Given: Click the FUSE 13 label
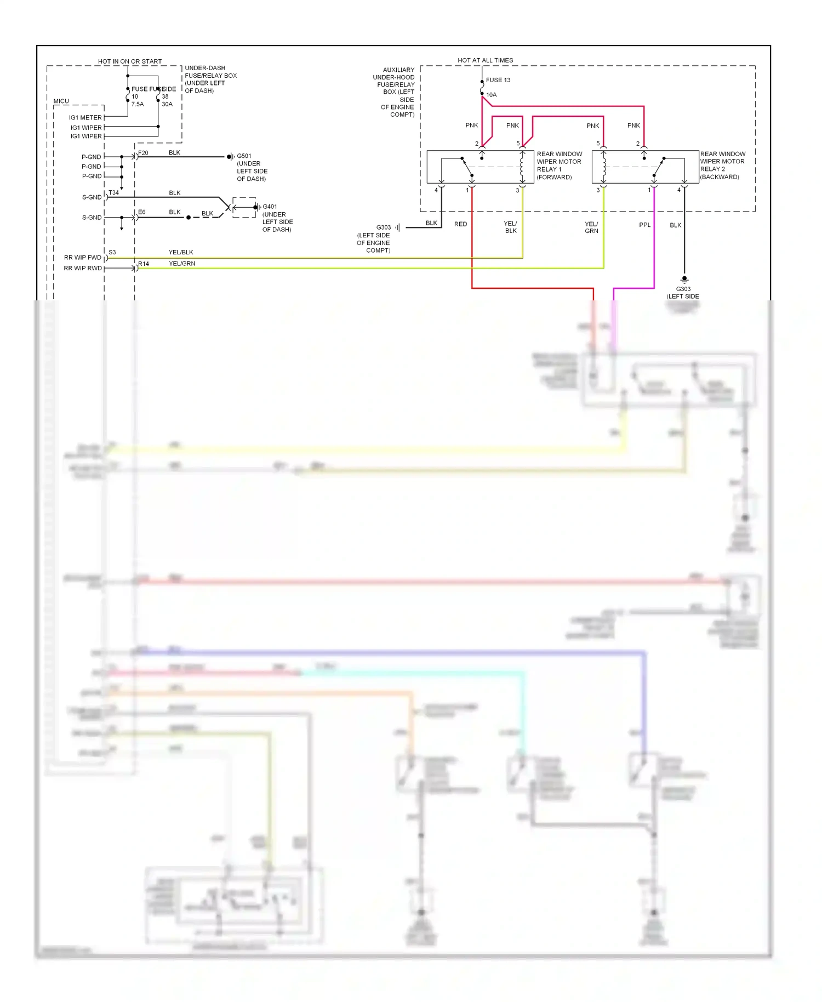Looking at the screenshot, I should click(x=498, y=80).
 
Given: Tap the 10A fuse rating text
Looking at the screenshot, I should click(x=491, y=95).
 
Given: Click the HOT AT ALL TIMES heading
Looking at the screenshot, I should click(x=485, y=60).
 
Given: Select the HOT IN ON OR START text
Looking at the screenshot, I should click(x=130, y=61).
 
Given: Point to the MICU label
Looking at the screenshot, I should click(x=61, y=101).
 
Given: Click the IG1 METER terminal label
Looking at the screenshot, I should click(x=85, y=118).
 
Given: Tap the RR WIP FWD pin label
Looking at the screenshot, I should click(x=82, y=258).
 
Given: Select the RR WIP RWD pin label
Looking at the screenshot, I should click(x=82, y=269).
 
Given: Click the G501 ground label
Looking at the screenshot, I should click(x=244, y=156).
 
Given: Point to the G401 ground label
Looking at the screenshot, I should click(x=270, y=207).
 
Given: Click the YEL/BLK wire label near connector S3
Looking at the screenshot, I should click(x=181, y=253).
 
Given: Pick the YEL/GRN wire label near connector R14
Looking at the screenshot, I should click(x=182, y=264).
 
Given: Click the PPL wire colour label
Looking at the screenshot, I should click(x=644, y=225).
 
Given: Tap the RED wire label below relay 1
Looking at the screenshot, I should click(x=460, y=224).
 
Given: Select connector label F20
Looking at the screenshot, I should click(x=143, y=153).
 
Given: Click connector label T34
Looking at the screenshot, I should click(x=113, y=193).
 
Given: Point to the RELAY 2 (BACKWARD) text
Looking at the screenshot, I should click(x=720, y=173).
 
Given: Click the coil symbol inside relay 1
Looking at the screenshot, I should click(x=522, y=167).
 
